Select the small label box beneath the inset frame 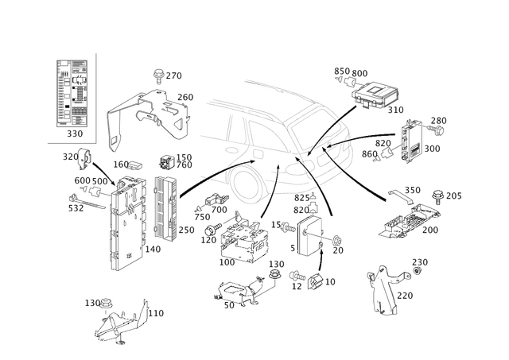(x=76, y=133)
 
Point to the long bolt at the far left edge (x=77, y=208)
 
